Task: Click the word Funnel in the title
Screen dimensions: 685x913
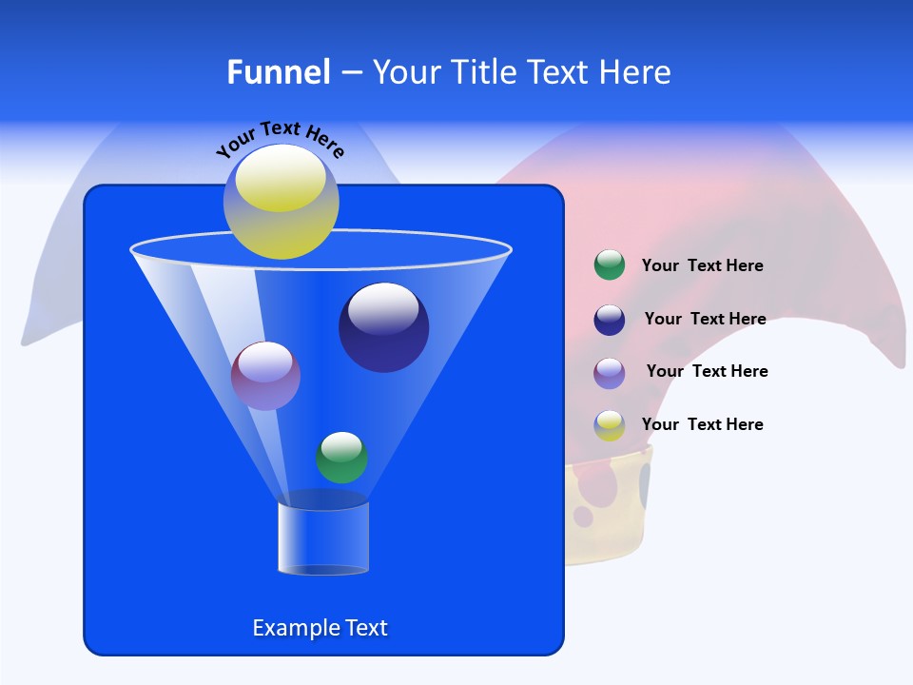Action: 278,72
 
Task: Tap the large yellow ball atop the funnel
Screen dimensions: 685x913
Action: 282,202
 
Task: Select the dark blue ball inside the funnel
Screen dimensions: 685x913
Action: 384,327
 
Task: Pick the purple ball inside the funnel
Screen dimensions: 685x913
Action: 265,376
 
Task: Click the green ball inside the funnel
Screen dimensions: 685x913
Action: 341,458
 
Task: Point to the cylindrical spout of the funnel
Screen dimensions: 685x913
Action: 323,538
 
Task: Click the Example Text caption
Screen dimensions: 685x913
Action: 320,628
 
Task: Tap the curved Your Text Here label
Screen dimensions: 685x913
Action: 280,139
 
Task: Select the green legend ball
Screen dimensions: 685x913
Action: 610,265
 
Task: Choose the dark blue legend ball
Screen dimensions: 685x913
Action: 610,320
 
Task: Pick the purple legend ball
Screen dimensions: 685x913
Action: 610,373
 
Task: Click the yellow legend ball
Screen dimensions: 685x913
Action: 610,425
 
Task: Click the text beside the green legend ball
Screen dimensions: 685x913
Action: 702,266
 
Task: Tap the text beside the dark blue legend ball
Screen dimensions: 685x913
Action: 705,320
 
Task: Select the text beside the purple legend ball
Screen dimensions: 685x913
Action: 707,372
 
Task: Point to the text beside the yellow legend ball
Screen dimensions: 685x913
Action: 702,424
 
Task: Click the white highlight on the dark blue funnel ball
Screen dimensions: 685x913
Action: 383,308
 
